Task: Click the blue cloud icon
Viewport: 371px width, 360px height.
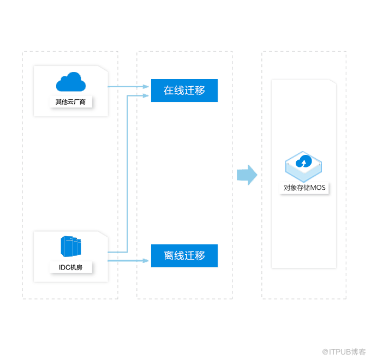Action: (x=71, y=83)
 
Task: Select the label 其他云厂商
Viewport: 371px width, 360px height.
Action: (x=71, y=102)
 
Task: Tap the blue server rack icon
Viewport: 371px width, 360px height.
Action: (x=71, y=247)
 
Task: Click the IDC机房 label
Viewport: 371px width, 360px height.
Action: (x=71, y=268)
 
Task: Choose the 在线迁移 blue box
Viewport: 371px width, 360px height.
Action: (x=184, y=91)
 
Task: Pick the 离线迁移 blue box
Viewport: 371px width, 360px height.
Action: (x=184, y=256)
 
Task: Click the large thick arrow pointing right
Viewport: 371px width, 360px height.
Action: (x=247, y=175)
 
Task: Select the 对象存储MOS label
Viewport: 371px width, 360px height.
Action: (x=304, y=188)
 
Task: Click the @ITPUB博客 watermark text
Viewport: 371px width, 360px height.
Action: (x=343, y=352)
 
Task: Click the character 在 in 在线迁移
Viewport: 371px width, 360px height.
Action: (x=169, y=91)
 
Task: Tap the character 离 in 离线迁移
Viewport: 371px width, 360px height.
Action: (x=169, y=256)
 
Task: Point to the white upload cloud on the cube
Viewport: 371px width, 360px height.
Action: (x=304, y=161)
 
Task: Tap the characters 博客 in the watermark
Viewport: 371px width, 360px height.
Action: (x=358, y=352)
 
